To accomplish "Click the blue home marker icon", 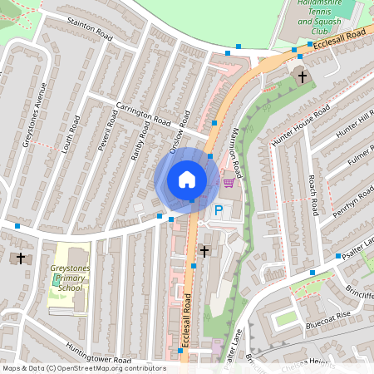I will [187, 179].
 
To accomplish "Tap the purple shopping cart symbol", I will [228, 183].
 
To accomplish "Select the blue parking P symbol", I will [219, 212].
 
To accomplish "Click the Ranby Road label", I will [143, 138].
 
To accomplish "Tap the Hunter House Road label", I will [301, 127].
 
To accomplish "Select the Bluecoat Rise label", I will [328, 317].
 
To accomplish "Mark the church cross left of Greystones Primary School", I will [21, 258].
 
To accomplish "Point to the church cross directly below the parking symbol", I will [204, 250].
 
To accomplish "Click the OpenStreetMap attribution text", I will [84, 367].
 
